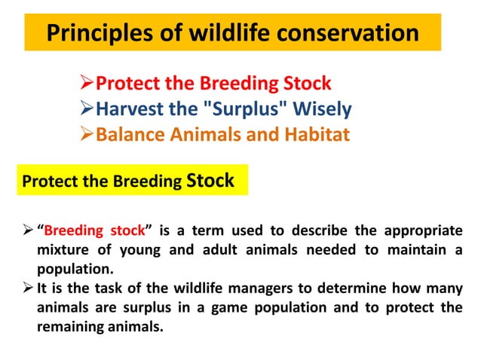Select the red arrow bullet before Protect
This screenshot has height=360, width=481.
click(x=87, y=83)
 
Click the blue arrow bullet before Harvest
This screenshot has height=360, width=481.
click(x=87, y=110)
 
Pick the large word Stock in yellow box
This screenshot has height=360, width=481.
click(x=210, y=180)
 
